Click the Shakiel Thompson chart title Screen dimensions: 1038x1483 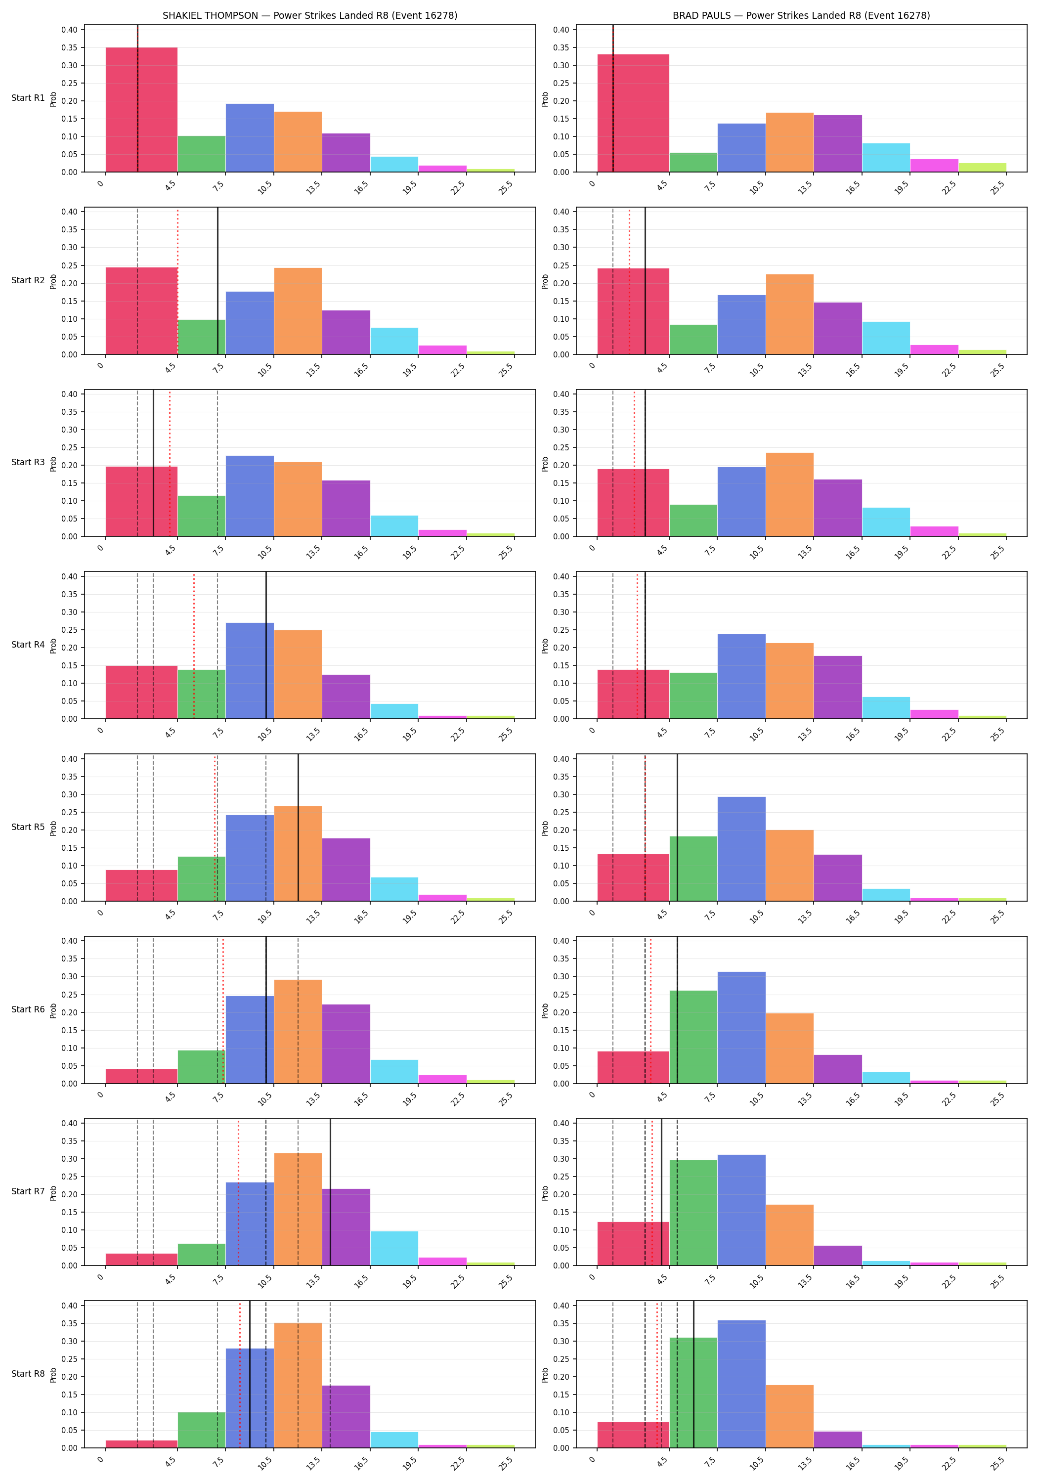pyautogui.click(x=309, y=15)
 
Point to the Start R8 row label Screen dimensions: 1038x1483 pyautogui.click(x=28, y=1374)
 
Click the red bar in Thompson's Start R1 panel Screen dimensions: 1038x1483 pyautogui.click(x=141, y=110)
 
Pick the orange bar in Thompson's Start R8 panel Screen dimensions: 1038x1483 pyautogui.click(x=298, y=1385)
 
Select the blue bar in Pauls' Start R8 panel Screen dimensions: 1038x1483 pyautogui.click(x=741, y=1384)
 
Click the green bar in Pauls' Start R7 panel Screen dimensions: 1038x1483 pyautogui.click(x=693, y=1213)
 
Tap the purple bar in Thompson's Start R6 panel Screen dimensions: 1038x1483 pyautogui.click(x=346, y=1044)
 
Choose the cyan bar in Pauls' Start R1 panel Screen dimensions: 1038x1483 pyautogui.click(x=886, y=158)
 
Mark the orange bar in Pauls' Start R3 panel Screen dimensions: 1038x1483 pyautogui.click(x=789, y=495)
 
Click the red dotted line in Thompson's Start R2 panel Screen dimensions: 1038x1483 pyautogui.click(x=177, y=282)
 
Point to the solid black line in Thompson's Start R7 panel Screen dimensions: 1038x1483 pyautogui.click(x=330, y=1192)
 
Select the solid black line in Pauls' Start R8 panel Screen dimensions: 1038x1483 pyautogui.click(x=693, y=1374)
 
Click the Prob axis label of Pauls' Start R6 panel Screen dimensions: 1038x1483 pyautogui.click(x=545, y=1010)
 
